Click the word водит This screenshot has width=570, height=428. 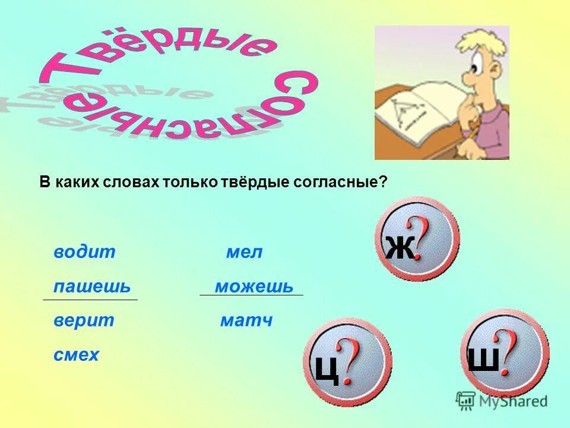84,252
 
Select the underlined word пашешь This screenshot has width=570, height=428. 91,287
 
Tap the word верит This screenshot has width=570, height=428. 84,321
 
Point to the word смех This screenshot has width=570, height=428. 76,355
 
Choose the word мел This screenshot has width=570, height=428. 244,252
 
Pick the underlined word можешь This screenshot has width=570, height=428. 254,287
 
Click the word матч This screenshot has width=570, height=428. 246,321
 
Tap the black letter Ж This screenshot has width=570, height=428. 400,247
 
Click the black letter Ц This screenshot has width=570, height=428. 327,369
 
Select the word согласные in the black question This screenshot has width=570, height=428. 340,182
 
